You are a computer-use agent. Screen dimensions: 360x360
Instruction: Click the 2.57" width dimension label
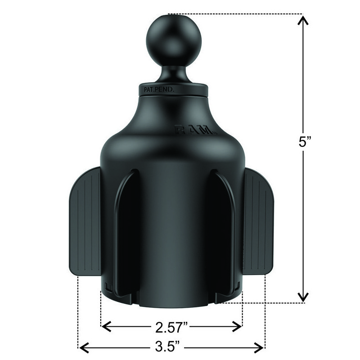click(171, 326)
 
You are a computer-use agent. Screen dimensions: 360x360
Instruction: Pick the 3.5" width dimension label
click(170, 347)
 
